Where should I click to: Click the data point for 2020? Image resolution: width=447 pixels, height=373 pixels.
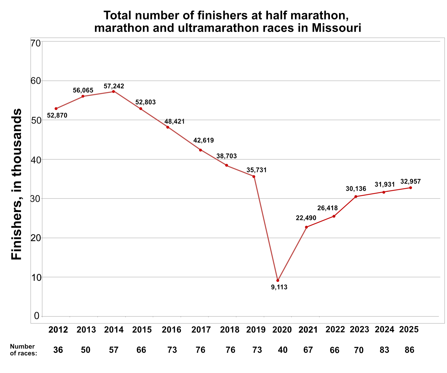(x=278, y=280)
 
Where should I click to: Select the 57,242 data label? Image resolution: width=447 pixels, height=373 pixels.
(x=114, y=86)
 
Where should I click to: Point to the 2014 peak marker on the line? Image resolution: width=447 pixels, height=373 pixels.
(x=113, y=92)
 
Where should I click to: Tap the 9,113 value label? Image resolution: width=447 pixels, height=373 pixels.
(x=279, y=287)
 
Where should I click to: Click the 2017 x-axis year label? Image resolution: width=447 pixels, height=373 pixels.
(x=201, y=329)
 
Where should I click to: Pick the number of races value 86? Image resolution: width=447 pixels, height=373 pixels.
(x=410, y=350)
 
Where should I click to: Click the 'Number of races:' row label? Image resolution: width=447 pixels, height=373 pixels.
(x=23, y=350)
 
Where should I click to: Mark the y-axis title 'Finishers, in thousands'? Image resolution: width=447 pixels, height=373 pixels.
(x=17, y=184)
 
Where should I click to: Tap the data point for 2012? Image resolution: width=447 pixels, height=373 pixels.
(x=56, y=109)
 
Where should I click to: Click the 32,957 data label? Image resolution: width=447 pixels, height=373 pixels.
(x=410, y=182)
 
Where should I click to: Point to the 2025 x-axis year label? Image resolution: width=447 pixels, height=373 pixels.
(x=409, y=329)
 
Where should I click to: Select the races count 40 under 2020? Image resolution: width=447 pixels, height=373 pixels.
(x=283, y=350)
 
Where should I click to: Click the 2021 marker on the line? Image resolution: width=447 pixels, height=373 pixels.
(x=306, y=227)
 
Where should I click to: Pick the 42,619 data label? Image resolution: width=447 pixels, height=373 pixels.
(x=204, y=140)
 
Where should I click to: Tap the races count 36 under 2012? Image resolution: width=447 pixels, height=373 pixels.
(x=58, y=350)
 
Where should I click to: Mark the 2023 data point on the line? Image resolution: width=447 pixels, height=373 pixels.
(x=356, y=197)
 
